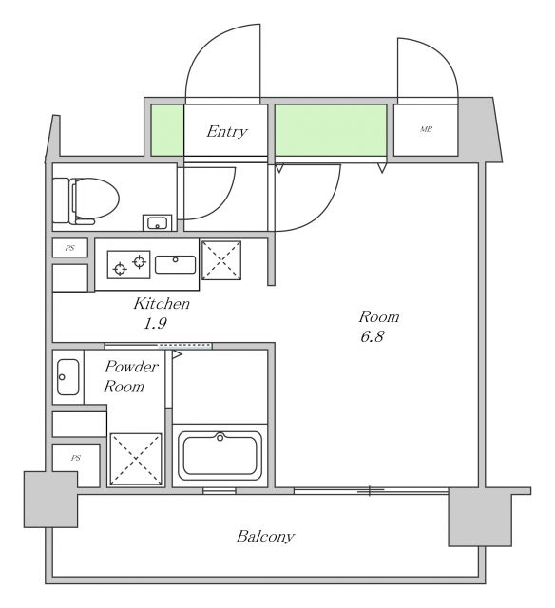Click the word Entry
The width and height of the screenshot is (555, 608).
point(226,131)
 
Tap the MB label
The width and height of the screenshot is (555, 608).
point(426,129)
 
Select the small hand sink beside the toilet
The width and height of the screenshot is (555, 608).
point(157,223)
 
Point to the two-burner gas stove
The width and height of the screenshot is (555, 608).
point(128,263)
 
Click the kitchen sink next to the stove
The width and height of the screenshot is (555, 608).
point(175,263)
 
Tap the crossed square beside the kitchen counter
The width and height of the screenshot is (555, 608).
point(222,259)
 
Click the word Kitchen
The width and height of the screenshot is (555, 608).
point(161,304)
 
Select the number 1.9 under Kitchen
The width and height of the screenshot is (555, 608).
point(156,324)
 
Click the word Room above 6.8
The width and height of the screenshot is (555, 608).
point(378,316)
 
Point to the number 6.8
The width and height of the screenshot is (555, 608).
point(372,337)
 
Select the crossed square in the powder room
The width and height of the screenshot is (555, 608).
point(135,459)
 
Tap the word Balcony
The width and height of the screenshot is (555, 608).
point(265,536)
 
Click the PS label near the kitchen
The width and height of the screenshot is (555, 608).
point(69,248)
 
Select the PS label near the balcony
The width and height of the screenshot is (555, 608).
point(74,458)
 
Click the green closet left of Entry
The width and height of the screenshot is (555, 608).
point(165,129)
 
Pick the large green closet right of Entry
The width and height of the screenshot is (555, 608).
point(331,129)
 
